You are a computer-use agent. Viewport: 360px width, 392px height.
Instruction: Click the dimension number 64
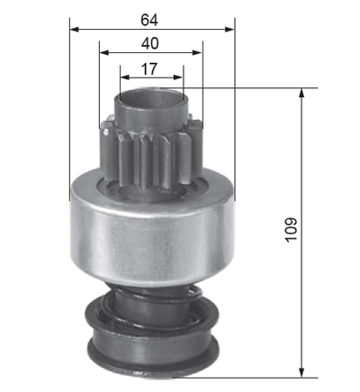[149, 20]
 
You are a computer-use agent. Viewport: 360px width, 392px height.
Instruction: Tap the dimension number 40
[150, 43]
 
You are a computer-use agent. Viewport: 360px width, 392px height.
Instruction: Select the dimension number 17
[149, 69]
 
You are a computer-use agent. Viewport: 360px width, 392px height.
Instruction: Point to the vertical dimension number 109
[291, 230]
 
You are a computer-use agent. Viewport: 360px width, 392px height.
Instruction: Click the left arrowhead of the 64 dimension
[74, 30]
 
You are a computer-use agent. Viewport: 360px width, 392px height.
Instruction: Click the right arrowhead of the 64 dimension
[229, 30]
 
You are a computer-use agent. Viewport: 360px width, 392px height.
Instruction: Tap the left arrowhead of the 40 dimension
[103, 53]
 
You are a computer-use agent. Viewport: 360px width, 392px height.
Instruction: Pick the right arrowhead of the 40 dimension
[198, 53]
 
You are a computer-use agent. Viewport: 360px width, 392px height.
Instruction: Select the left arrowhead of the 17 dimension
[125, 77]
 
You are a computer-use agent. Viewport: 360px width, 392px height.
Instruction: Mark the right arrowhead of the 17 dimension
[178, 77]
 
